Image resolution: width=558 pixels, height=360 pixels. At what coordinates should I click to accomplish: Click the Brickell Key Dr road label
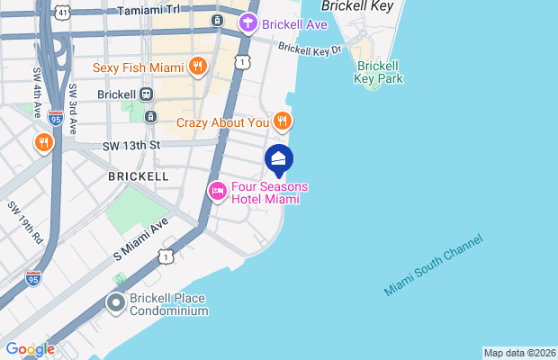pyautogui.click(x=310, y=49)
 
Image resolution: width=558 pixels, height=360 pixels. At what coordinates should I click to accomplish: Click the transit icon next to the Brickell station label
pyautogui.click(x=146, y=94)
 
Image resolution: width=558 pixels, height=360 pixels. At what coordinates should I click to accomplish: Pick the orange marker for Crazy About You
pyautogui.click(x=283, y=121)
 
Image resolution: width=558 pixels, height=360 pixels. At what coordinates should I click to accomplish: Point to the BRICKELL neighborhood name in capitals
pyautogui.click(x=138, y=176)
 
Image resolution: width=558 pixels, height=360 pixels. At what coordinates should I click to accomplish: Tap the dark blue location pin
pyautogui.click(x=280, y=159)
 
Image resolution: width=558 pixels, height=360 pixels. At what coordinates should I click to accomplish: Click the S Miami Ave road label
pyautogui.click(x=141, y=241)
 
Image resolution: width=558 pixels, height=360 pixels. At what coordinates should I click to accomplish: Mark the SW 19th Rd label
pyautogui.click(x=24, y=223)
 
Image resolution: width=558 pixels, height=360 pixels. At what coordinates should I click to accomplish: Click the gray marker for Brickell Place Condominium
pyautogui.click(x=116, y=303)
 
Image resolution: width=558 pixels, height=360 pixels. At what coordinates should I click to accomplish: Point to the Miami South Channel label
pyautogui.click(x=433, y=265)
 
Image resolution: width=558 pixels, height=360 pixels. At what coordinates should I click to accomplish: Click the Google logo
pyautogui.click(x=30, y=349)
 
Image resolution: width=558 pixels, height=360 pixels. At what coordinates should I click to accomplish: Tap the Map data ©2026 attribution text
pyautogui.click(x=519, y=353)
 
